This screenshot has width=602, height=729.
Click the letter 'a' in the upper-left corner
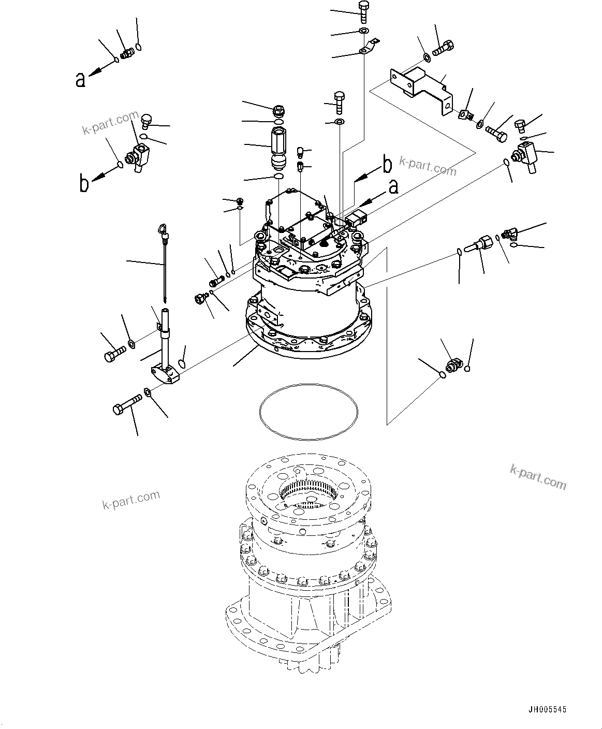(80, 79)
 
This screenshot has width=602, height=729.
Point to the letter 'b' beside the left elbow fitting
(84, 184)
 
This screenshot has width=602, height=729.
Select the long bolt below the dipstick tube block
(127, 404)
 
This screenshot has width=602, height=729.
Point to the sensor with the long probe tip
(479, 244)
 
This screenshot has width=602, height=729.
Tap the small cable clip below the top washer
(368, 48)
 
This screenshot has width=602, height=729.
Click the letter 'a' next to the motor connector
(393, 186)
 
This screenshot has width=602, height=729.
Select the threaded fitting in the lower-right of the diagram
(453, 365)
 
